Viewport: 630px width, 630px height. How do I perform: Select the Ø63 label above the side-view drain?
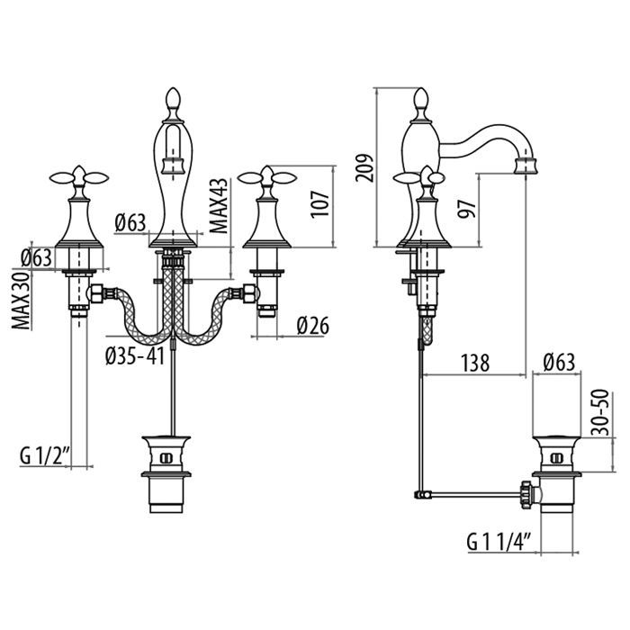[x=559, y=364]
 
